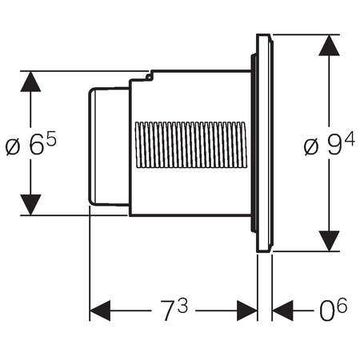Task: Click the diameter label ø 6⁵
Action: pyautogui.click(x=31, y=143)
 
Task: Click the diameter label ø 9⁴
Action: pyautogui.click(x=330, y=144)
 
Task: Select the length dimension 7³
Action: pyautogui.click(x=174, y=310)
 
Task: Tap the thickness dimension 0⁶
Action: pyautogui.click(x=334, y=310)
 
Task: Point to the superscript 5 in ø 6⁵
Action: pyautogui.click(x=51, y=138)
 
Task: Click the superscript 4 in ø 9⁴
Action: pyautogui.click(x=350, y=139)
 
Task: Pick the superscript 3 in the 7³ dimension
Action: pyautogui.click(x=183, y=306)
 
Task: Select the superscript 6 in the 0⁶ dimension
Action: pyautogui.click(x=342, y=305)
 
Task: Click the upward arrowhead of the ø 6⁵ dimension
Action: pyautogui.click(x=30, y=82)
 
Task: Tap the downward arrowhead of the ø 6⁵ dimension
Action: pyautogui.click(x=30, y=205)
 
